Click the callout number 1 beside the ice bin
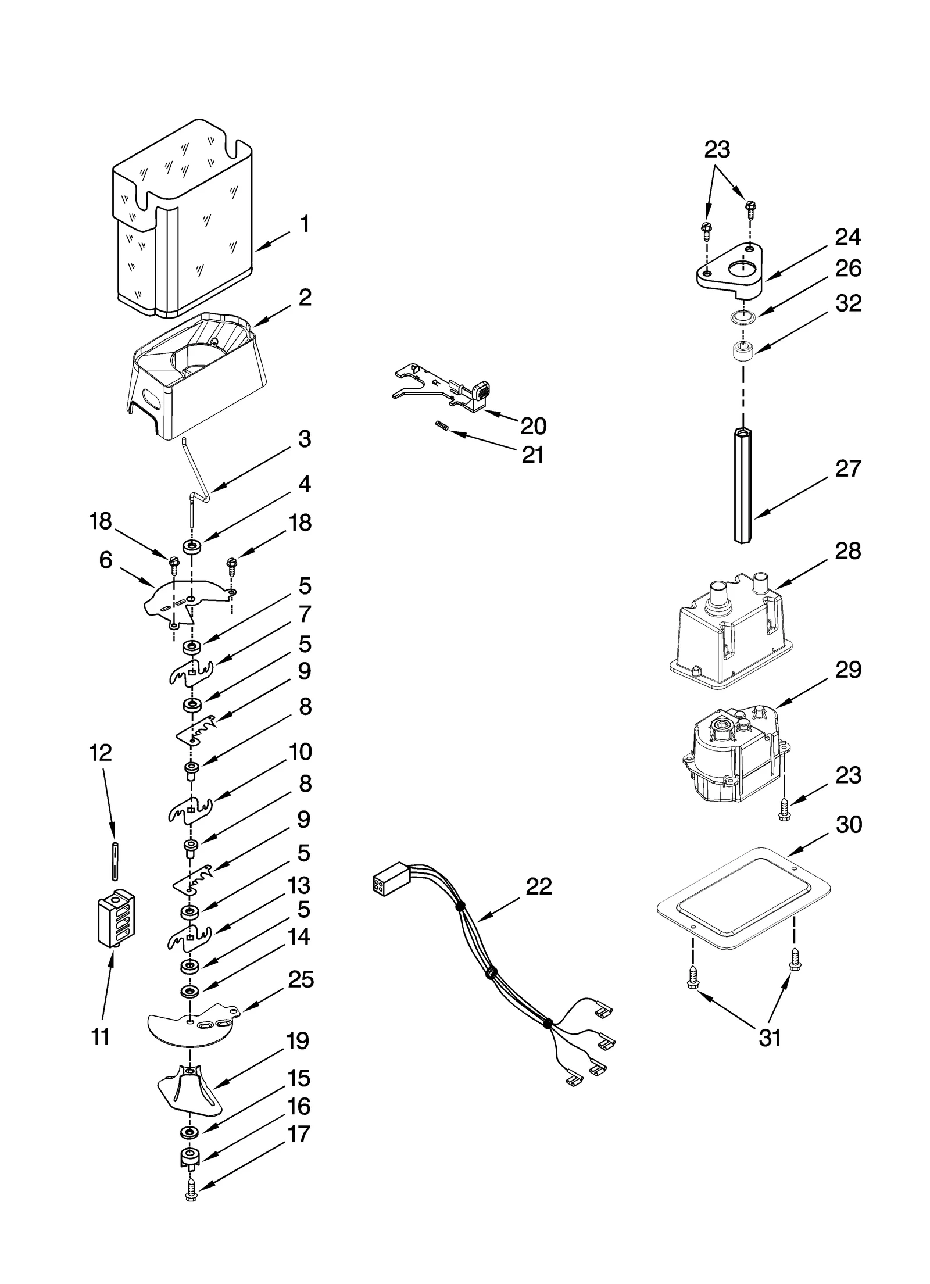(304, 224)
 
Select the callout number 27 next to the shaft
(847, 468)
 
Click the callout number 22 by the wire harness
(538, 887)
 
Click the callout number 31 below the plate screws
(770, 1038)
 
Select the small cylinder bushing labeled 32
(742, 352)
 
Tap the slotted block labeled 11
(117, 920)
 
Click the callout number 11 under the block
(101, 1036)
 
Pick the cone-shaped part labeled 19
(191, 1095)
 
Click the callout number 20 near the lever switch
(533, 426)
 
